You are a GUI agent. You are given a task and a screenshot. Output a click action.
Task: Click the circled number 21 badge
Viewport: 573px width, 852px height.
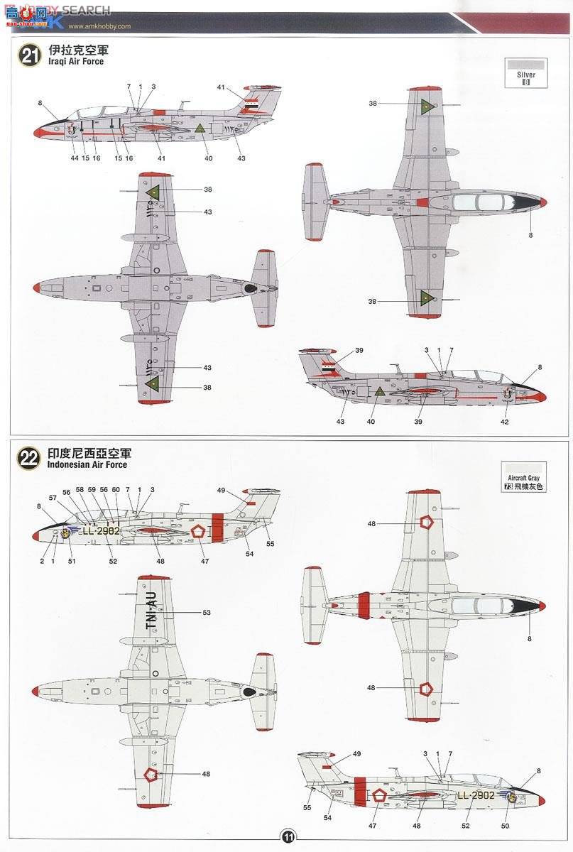coord(29,56)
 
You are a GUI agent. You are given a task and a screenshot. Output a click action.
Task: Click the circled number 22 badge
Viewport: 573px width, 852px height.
coord(29,459)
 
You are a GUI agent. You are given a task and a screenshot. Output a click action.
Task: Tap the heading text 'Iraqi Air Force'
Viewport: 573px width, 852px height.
coord(75,62)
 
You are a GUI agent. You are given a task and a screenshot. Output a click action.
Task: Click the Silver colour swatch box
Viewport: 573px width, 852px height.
coord(526,73)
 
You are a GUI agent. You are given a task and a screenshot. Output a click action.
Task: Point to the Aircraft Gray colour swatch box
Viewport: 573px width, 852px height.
coord(525,477)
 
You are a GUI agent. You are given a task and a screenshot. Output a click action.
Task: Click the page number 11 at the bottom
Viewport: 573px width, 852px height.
coord(288,836)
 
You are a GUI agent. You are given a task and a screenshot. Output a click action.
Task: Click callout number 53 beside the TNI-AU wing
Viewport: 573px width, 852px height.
coord(207,612)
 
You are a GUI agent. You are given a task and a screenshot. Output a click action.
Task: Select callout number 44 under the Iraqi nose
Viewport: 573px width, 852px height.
coord(75,158)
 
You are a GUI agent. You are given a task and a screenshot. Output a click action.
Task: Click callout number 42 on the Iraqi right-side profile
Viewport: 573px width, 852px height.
coord(505,422)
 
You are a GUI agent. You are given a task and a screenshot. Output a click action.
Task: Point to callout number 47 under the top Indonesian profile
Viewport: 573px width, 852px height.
coord(205,561)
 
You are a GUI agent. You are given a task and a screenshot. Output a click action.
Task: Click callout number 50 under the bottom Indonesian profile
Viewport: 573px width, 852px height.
coord(504,825)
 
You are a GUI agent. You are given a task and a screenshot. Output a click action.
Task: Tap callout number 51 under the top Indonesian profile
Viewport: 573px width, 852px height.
coord(71,561)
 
